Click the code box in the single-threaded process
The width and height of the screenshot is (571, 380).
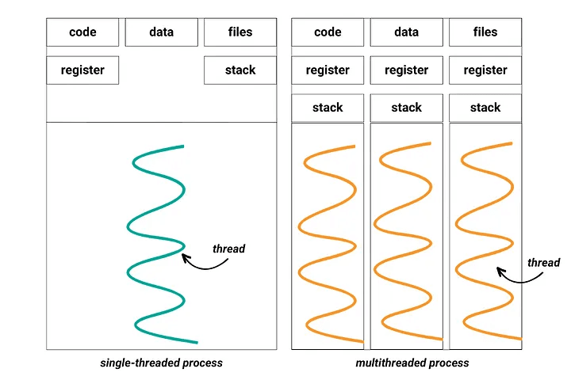tap(82, 32)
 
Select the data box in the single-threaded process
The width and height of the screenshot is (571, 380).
tap(161, 32)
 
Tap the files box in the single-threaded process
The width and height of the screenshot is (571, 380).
tap(240, 32)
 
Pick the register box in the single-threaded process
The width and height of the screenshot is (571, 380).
tap(82, 70)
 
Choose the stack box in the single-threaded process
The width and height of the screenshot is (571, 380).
tap(240, 70)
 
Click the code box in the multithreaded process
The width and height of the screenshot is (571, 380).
tap(328, 32)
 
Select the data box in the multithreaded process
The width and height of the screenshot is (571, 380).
tap(406, 32)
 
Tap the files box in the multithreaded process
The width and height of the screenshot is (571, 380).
tap(485, 32)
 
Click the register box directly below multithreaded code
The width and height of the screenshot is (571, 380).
tap(328, 70)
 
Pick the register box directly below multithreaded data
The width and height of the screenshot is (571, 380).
tap(406, 70)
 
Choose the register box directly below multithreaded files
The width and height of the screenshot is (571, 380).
tap(485, 70)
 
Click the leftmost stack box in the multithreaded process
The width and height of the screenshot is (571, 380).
tap(328, 108)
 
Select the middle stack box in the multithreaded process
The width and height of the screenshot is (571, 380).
tap(406, 108)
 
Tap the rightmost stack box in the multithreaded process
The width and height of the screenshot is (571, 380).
tap(485, 108)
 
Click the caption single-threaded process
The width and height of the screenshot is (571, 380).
tap(161, 363)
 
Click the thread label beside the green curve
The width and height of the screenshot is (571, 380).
tap(228, 249)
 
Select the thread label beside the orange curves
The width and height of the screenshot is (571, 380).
tap(543, 263)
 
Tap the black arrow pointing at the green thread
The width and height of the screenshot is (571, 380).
tap(201, 264)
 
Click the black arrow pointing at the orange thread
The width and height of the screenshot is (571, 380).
tap(517, 277)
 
